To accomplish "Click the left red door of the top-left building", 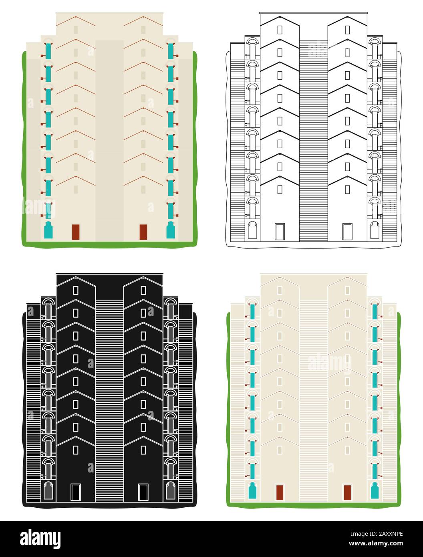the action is [76, 232].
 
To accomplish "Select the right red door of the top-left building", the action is [143, 232].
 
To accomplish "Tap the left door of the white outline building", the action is [280, 232].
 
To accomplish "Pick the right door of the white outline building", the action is [347, 232].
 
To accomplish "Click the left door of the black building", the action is [76, 492].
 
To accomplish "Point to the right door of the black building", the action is [143, 492].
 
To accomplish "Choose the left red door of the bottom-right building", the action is [280, 492].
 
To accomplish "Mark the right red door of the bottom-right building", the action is [347, 492].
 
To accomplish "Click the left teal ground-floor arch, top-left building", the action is [48, 230].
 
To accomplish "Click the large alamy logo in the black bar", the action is [40, 539].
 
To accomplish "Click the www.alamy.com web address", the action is [376, 543].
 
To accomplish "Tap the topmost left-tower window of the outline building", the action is [280, 30].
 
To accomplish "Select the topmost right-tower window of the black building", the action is [143, 290].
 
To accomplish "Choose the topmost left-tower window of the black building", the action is [76, 290].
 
